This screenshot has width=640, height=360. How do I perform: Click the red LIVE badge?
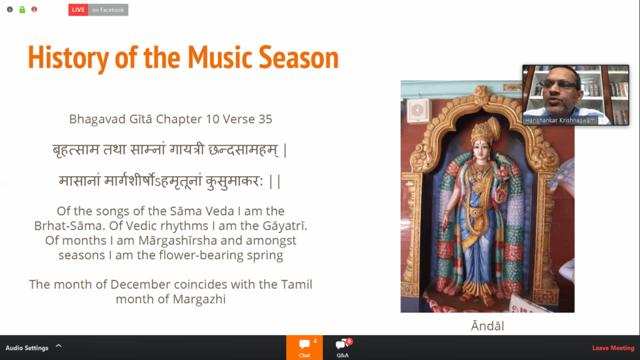tap(78, 10)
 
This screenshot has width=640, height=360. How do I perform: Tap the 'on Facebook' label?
tap(108, 10)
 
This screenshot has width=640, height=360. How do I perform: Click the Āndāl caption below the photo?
tap(487, 326)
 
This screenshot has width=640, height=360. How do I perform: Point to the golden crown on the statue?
tap(481, 128)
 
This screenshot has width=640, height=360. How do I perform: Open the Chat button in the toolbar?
tap(304, 347)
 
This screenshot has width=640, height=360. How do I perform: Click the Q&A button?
tap(342, 347)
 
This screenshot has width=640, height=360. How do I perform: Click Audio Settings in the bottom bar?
tap(27, 348)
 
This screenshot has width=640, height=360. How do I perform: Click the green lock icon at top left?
tap(22, 9)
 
